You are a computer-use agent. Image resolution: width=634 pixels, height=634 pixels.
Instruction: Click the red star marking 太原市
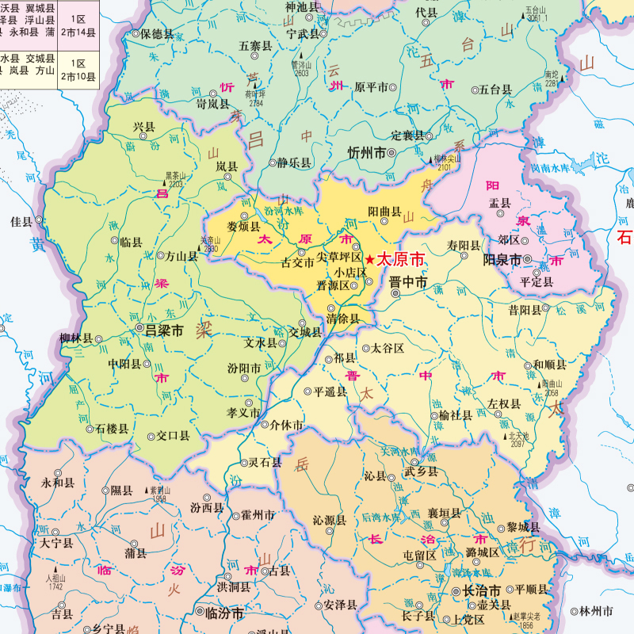click(369, 259)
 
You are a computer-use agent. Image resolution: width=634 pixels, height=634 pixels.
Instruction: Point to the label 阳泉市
click(502, 259)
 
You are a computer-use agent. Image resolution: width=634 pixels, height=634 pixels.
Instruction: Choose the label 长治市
click(481, 591)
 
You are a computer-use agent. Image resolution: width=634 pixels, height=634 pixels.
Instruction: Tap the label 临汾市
click(223, 613)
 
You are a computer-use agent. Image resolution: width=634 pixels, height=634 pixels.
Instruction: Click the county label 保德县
click(156, 34)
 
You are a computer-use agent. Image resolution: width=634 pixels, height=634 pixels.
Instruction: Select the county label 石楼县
click(112, 429)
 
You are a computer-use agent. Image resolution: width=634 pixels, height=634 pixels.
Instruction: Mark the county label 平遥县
click(330, 391)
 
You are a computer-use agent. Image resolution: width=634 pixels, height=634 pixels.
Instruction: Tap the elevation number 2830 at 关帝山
click(209, 249)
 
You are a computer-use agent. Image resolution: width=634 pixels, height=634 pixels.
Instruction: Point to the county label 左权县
click(504, 403)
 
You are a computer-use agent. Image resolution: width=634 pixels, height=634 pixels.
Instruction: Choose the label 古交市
click(298, 263)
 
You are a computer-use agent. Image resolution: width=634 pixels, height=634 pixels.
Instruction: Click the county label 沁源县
click(330, 521)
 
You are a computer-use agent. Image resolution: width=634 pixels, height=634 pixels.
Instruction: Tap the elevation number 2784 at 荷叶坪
click(255, 103)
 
